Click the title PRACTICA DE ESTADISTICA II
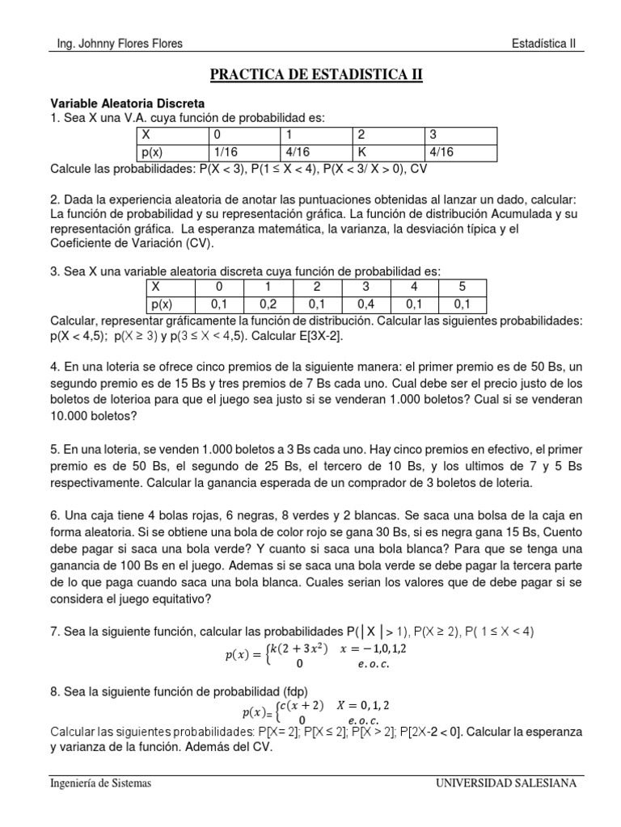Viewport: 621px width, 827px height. tap(316, 76)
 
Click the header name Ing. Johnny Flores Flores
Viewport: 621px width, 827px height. tap(116, 44)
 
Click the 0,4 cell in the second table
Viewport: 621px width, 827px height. tap(365, 304)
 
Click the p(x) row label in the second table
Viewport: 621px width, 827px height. tap(163, 304)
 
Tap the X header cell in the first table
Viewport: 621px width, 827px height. tap(146, 134)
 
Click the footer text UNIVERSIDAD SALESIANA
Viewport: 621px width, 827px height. tap(505, 783)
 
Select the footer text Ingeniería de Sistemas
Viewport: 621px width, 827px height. tap(100, 783)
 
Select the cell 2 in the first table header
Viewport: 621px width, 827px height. tap(362, 134)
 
